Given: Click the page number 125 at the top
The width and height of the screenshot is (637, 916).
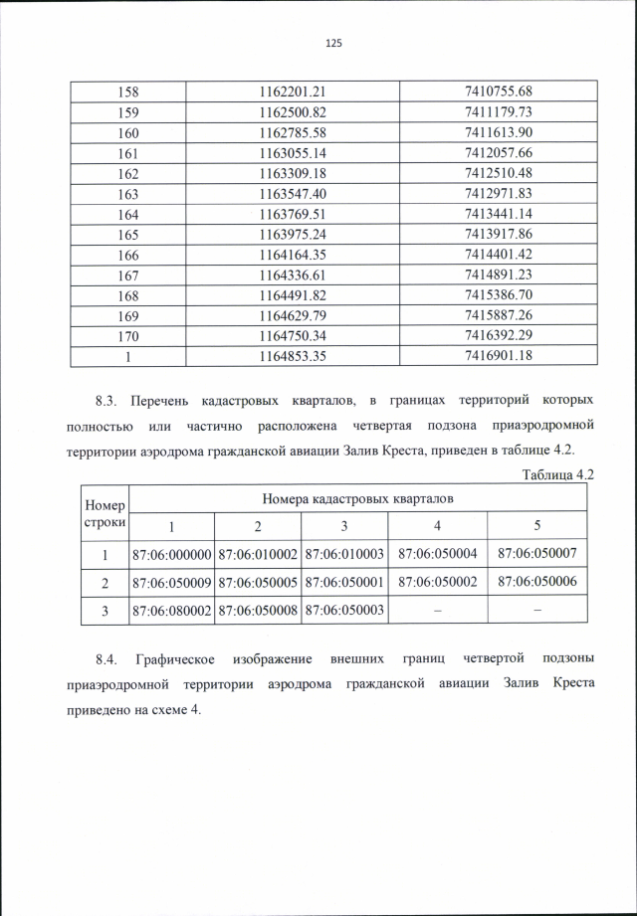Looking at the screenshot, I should (333, 43).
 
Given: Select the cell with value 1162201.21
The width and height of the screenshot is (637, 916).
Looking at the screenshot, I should (293, 91).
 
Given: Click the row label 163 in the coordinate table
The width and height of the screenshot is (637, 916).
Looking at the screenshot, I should (128, 193).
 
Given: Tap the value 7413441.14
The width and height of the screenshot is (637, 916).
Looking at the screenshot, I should (499, 214).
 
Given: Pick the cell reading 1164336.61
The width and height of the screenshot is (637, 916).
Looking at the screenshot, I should (293, 275).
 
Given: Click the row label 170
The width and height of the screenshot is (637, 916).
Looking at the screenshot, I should (128, 336).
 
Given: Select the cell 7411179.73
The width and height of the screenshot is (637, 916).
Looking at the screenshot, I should (499, 111).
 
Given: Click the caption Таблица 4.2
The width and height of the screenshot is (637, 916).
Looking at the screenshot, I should (557, 474).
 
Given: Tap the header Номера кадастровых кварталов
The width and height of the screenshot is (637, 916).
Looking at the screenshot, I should (357, 498).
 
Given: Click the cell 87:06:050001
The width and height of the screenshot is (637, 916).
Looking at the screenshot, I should (343, 582).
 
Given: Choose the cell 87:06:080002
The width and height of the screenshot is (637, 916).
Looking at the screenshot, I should (172, 611).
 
